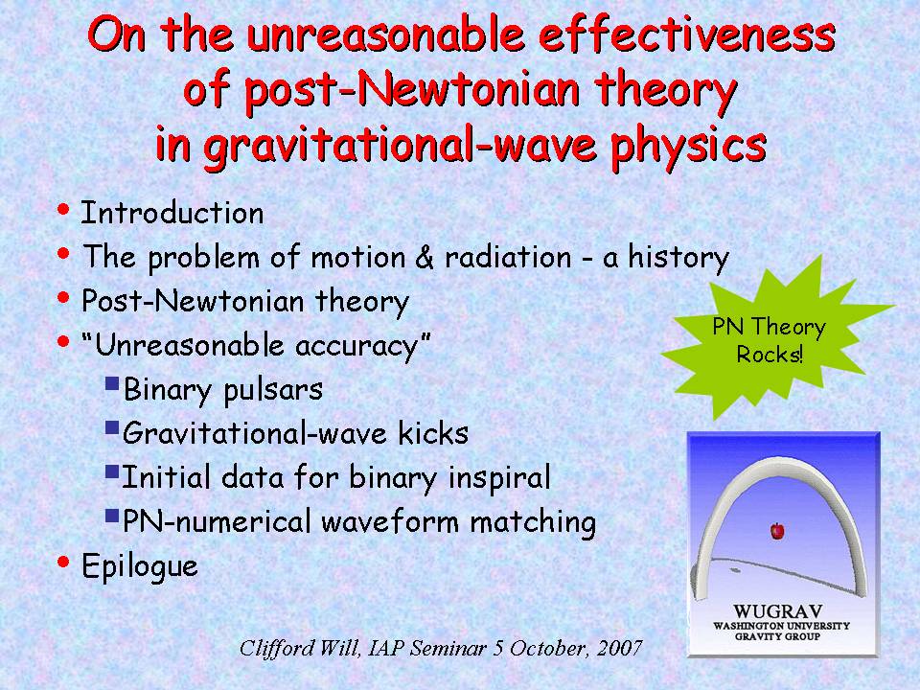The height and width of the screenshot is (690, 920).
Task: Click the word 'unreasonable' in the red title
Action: coord(385,34)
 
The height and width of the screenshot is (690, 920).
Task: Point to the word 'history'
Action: coord(678,258)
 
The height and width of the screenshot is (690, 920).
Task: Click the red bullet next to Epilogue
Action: coord(63,563)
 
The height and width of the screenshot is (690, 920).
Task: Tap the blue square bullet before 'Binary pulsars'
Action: coord(112,383)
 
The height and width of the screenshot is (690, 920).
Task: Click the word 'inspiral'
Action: coord(499,477)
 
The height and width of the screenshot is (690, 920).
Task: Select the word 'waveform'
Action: coord(390,521)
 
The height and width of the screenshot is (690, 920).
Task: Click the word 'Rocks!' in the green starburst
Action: coord(770,355)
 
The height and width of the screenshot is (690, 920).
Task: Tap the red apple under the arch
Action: coord(777,531)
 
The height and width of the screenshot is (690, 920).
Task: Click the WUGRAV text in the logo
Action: coord(777,611)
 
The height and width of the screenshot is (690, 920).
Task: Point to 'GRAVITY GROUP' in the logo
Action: coord(777,636)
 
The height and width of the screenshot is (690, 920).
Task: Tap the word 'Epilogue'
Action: coord(140,566)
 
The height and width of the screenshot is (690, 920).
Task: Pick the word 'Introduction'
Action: coord(172,213)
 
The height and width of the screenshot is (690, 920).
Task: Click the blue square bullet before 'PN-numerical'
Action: coord(112,517)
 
